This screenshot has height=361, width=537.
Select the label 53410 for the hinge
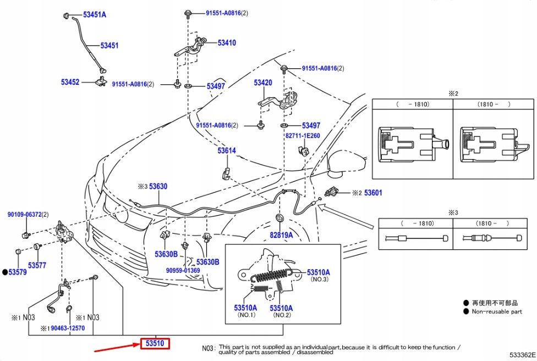tap(226, 42)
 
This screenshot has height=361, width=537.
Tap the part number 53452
tap(70, 82)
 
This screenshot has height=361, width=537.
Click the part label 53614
tap(226, 151)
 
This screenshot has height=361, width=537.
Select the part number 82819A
tap(281, 235)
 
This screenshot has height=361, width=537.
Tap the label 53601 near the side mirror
tap(372, 193)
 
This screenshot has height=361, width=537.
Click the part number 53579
tap(17, 272)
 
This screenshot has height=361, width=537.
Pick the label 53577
tap(37, 265)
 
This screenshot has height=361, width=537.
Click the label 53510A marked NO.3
tap(318, 272)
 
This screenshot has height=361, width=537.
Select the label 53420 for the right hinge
tap(263, 83)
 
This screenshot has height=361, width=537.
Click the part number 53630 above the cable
tap(158, 187)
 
